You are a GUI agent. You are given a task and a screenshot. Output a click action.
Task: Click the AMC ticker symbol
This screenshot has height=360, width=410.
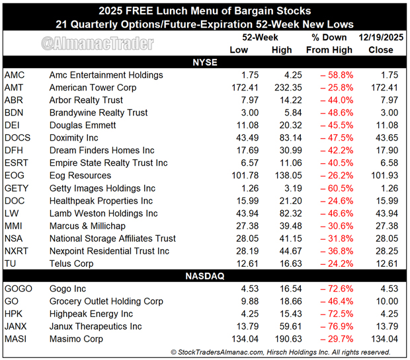(15, 75)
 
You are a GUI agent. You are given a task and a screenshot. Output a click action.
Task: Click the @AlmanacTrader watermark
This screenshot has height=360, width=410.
(97, 44)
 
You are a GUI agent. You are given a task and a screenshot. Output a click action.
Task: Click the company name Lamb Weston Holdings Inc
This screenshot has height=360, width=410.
(103, 213)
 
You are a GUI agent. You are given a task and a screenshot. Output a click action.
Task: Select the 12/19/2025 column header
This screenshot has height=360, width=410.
(382, 37)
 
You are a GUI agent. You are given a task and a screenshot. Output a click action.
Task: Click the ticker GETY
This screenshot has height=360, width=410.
(17, 188)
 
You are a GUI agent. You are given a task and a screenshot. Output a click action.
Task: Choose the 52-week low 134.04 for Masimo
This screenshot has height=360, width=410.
(240, 339)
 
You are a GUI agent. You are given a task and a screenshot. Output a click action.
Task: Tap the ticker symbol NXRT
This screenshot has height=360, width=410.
(17, 251)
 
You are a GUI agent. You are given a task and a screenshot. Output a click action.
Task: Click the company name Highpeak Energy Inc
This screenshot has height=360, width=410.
(91, 314)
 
